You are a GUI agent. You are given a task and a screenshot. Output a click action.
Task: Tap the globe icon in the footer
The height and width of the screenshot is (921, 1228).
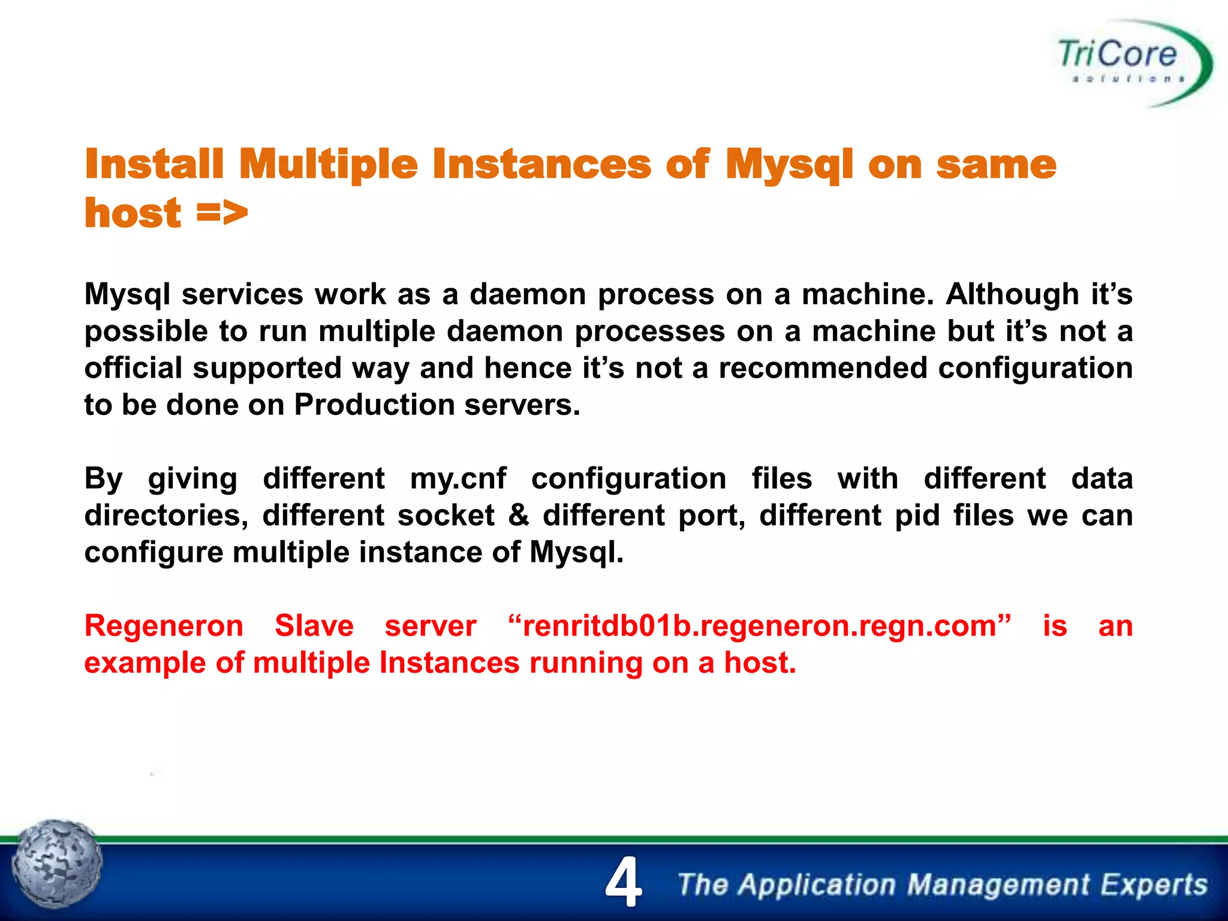(x=58, y=864)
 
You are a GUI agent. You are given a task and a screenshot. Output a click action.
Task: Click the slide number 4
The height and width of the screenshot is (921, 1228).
(x=623, y=882)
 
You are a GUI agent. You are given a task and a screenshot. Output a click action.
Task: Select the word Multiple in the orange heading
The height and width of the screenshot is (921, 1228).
(x=328, y=164)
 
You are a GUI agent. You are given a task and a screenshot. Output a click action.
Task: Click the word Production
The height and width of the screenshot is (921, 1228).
(x=373, y=405)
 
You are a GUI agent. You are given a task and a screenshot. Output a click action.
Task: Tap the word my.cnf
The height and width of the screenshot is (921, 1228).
(x=458, y=478)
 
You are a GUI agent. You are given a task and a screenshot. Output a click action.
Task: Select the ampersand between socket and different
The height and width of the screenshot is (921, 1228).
(x=519, y=515)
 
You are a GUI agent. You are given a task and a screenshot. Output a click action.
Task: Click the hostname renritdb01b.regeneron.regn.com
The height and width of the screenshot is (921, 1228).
(x=759, y=626)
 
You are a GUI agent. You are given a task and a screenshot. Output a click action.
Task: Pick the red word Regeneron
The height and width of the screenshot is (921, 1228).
(x=164, y=626)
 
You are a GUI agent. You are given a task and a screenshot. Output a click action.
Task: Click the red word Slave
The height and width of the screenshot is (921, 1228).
(x=314, y=626)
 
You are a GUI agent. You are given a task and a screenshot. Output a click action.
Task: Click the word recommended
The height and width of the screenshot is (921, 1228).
(x=823, y=368)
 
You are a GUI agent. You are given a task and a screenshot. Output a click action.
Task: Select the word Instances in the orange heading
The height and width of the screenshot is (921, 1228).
(x=541, y=164)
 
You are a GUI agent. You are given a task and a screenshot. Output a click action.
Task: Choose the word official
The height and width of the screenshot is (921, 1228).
(x=133, y=368)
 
